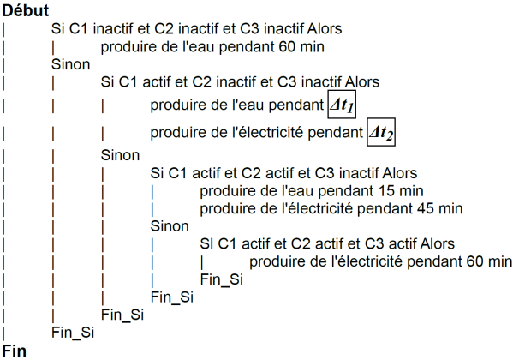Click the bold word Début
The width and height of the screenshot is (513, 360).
point(26,10)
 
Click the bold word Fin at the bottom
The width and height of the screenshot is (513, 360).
point(14,351)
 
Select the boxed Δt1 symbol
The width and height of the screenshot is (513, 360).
point(342,105)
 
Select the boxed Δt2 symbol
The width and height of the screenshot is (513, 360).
point(381,132)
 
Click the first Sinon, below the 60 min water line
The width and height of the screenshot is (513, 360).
point(71,64)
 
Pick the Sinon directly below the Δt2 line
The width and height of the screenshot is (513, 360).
point(120,155)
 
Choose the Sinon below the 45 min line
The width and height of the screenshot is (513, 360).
point(170,226)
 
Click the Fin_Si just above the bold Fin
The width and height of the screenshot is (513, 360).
point(73,333)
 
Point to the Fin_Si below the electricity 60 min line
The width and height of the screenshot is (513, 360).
point(222,279)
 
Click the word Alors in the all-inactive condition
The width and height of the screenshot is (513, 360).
point(325,29)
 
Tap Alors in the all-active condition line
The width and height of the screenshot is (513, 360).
point(438,243)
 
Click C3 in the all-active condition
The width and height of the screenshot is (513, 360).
point(374,243)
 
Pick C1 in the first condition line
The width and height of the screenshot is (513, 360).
point(79,29)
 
